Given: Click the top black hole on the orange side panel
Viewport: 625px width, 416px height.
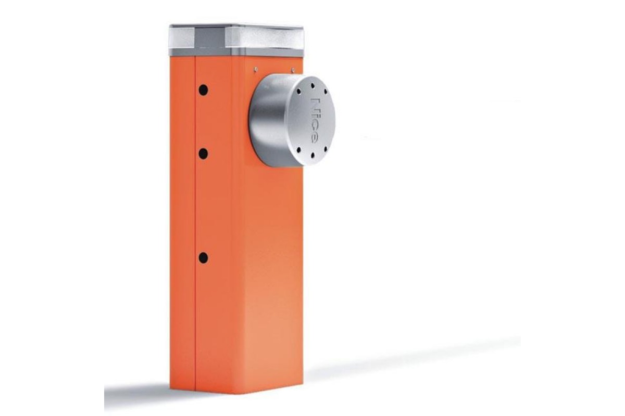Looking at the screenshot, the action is [x=203, y=90].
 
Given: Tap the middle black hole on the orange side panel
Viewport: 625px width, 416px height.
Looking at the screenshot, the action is [x=203, y=154].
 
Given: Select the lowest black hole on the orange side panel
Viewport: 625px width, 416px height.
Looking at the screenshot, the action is [x=203, y=258].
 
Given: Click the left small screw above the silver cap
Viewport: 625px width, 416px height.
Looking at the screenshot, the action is [x=256, y=69].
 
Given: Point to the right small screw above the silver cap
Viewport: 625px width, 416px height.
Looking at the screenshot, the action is [x=293, y=69].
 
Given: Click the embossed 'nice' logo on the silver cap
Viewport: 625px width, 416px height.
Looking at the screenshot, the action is [x=314, y=120].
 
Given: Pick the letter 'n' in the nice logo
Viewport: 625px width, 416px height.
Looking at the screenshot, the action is [x=314, y=101].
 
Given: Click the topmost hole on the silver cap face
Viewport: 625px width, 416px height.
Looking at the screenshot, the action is [x=312, y=86].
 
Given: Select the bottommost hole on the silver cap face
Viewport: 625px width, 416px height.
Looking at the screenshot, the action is [x=312, y=154].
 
